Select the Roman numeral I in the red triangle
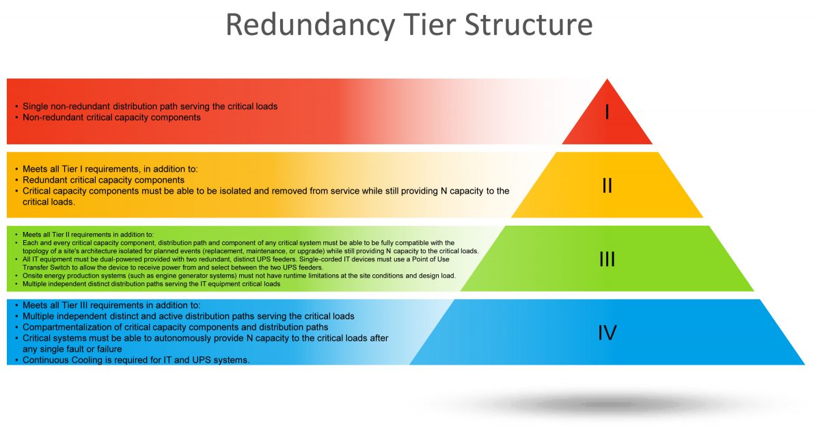click(607, 112)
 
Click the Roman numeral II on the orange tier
click(607, 185)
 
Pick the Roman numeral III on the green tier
click(607, 259)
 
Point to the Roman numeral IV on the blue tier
click(607, 333)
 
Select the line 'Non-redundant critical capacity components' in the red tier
click(111, 118)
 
